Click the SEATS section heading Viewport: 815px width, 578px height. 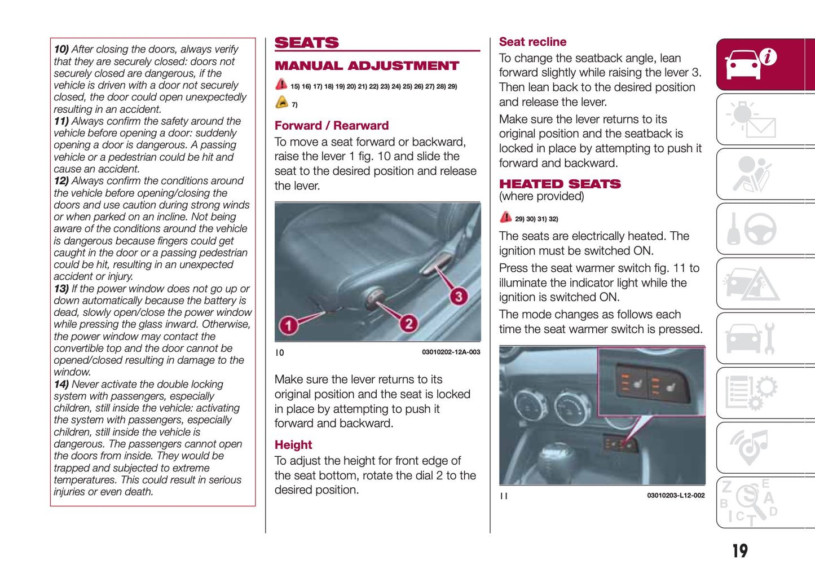coord(306,43)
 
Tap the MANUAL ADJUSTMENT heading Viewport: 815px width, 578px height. coord(367,66)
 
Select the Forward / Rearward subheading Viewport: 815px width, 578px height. coord(332,126)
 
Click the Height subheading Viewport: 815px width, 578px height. coord(293,445)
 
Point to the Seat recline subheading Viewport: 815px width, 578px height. coord(532,42)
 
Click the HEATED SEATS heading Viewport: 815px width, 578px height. coord(560,184)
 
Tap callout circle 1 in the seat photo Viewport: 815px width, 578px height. coord(289,325)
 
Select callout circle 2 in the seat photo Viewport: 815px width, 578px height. coord(408,323)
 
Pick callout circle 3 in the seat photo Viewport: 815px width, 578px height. coord(459,296)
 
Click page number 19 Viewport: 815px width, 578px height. coord(739,550)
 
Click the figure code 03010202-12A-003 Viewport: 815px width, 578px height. coord(451,352)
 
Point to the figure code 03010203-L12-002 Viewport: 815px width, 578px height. coord(676,496)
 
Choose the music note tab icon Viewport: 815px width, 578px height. coord(750,447)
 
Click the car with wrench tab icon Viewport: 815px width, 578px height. coord(750,338)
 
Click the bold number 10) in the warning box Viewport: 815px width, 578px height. coord(61,50)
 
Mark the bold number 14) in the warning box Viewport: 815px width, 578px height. coord(61,385)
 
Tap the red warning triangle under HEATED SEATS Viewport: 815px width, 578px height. coord(505,218)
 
